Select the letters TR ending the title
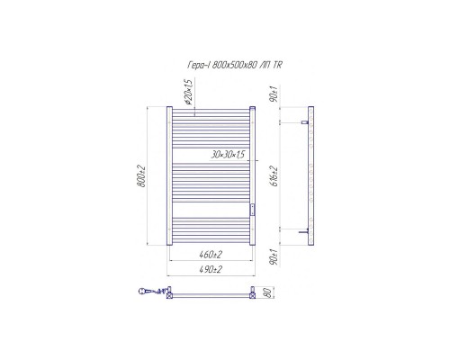tap(278, 65)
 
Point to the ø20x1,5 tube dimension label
tap(188, 92)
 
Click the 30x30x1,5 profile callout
tap(228, 155)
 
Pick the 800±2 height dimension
tap(141, 176)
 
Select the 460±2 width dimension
tap(211, 255)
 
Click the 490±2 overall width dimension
tap(211, 269)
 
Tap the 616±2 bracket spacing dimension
tap(274, 176)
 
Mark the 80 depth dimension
tap(269, 292)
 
